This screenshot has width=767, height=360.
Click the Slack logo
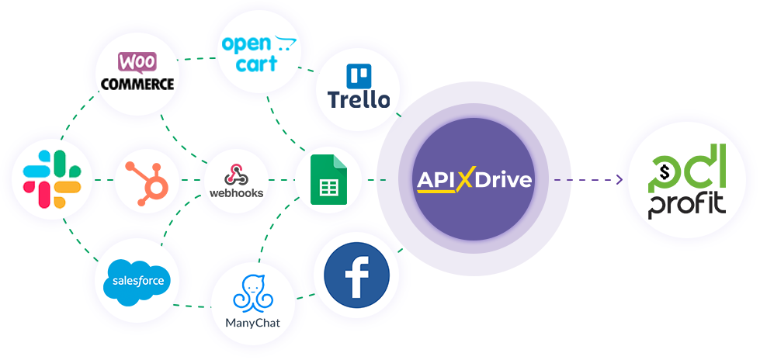coord(52,179)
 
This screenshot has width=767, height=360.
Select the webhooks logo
coord(236,181)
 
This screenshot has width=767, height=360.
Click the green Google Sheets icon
coord(328,179)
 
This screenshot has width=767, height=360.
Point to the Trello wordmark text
coord(359,100)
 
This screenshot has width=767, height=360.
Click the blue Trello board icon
coord(359,76)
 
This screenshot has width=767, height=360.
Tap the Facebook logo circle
coord(357,275)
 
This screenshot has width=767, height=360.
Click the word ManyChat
coord(253,323)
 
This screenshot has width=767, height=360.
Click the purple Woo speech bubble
coord(137,63)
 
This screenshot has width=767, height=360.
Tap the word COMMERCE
coord(137,84)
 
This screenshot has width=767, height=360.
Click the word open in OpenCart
coord(246,44)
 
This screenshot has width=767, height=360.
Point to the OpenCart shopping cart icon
coord(286,43)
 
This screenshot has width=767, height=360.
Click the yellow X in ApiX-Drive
coord(466,181)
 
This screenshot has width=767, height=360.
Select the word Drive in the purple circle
coord(503,181)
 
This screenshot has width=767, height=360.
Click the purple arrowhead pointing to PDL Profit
coord(619,179)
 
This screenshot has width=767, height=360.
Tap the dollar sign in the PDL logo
coord(664,171)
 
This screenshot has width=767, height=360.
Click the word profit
coord(687,206)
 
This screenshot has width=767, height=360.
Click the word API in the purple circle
coord(436,181)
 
